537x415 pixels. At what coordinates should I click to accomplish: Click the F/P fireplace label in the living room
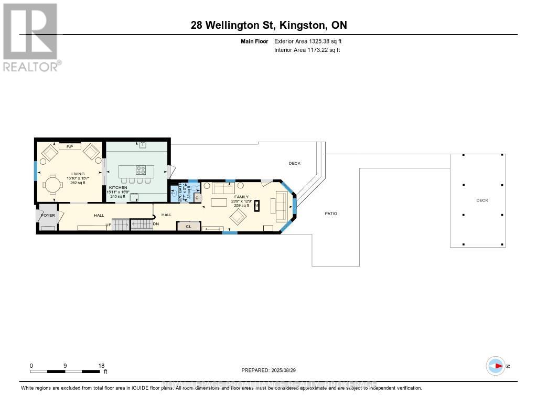click(x=69, y=147)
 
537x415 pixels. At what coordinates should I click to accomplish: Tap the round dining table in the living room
click(x=53, y=185)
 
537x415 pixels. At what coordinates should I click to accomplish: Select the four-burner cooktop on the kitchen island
click(x=141, y=169)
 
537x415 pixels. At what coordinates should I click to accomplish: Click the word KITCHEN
click(x=118, y=187)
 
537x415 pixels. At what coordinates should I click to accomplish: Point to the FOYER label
click(x=48, y=215)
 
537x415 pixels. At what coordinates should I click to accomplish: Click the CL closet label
click(x=188, y=226)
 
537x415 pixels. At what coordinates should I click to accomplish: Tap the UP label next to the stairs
click(x=109, y=225)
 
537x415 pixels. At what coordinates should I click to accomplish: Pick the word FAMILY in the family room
click(x=241, y=197)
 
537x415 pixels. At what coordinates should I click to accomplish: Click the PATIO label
click(x=330, y=214)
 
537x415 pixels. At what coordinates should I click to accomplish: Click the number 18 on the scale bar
click(x=101, y=366)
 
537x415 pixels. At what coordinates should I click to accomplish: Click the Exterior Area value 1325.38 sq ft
click(x=319, y=41)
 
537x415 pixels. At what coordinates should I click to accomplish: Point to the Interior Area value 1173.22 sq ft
click(x=318, y=50)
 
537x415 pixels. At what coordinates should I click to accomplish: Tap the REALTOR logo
click(x=31, y=37)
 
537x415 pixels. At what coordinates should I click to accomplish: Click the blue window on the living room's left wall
click(x=36, y=171)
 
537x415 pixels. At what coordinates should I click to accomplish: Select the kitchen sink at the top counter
click(x=143, y=144)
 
